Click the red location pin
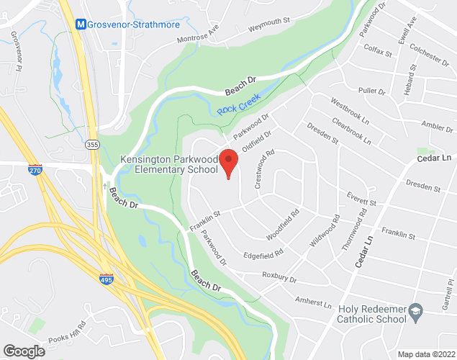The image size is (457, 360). (x=228, y=162)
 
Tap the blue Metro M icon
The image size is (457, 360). (x=81, y=24)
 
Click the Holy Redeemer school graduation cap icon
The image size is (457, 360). (x=415, y=312)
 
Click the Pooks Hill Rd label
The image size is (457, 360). (x=68, y=330)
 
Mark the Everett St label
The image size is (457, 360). (x=361, y=203)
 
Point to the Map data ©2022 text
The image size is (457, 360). (x=427, y=354)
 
